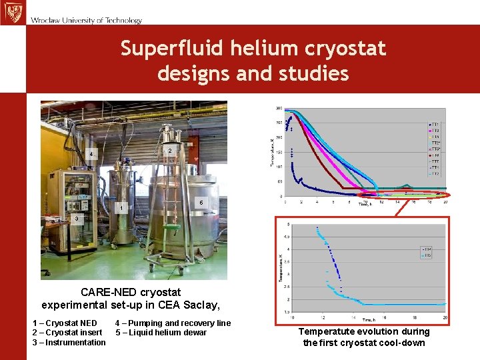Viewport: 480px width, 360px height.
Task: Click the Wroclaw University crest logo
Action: (x=12, y=12)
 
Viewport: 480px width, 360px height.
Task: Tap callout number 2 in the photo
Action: (x=170, y=151)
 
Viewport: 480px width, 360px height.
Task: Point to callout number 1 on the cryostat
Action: (x=121, y=209)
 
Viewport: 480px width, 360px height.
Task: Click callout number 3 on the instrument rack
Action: (x=77, y=219)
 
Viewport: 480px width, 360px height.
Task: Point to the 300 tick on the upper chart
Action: (x=278, y=109)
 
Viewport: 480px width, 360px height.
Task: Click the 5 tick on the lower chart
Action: (x=287, y=224)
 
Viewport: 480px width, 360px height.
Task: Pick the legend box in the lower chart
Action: (x=427, y=252)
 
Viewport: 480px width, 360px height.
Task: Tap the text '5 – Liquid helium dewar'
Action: (x=161, y=333)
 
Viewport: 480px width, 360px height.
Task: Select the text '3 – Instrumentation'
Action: (x=69, y=343)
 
